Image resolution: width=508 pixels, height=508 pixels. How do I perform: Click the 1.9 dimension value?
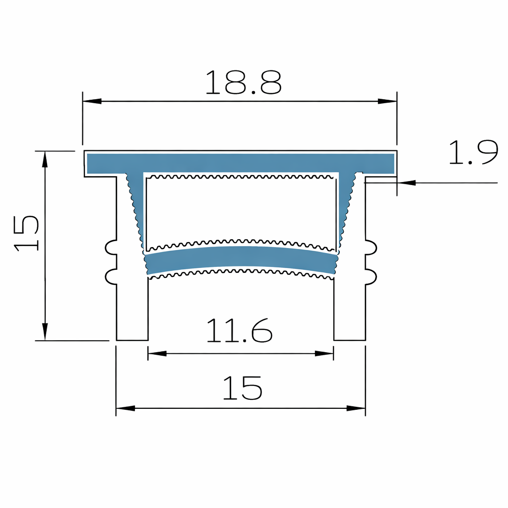click(x=472, y=153)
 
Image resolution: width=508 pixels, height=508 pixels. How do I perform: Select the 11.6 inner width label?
click(x=239, y=331)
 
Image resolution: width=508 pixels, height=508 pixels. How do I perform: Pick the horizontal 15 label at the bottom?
click(x=242, y=388)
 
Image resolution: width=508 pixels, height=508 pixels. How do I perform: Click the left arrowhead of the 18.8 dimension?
click(x=92, y=101)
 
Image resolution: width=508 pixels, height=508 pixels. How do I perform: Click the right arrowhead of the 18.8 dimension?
click(x=387, y=101)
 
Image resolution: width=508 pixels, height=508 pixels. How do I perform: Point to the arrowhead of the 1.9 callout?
click(x=407, y=183)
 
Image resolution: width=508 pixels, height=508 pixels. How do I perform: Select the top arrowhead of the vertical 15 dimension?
click(x=45, y=159)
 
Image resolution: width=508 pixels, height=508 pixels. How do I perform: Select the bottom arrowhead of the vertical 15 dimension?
click(x=45, y=331)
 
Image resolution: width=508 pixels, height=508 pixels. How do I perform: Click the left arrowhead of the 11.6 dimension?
click(x=157, y=354)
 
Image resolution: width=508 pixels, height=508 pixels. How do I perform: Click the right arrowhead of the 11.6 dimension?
click(x=324, y=354)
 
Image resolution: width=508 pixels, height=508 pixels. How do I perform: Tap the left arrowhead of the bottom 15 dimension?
click(x=125, y=408)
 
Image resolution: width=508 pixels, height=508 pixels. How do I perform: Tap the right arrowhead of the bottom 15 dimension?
click(x=356, y=408)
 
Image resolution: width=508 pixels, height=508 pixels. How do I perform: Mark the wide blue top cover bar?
click(x=241, y=163)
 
